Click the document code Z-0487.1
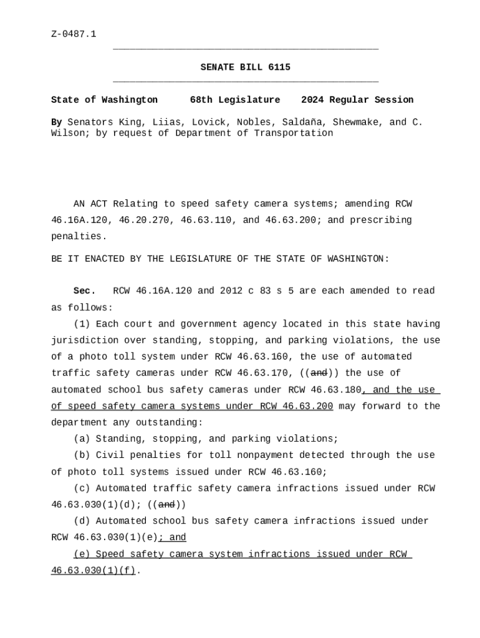tap(74, 34)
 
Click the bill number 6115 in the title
tap(279, 67)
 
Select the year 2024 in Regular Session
tap(312, 100)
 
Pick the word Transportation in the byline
tap(294, 133)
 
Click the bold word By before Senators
tap(56, 122)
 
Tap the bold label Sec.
tap(84, 291)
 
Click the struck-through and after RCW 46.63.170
tap(319, 373)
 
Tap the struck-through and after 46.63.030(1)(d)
tap(166, 505)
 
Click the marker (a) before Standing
tap(82, 439)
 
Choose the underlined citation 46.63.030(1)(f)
tap(93, 570)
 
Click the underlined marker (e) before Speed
tap(82, 554)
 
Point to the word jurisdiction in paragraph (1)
tap(85, 340)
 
